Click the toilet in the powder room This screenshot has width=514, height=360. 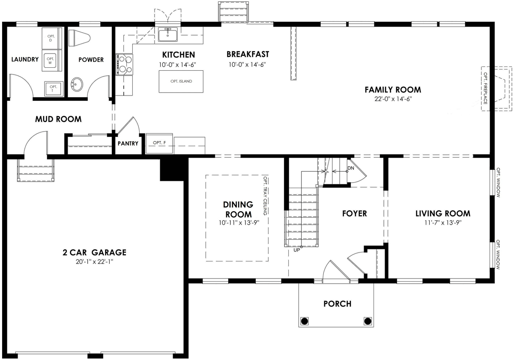pyautogui.click(x=79, y=38)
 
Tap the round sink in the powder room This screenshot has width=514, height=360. pyautogui.click(x=77, y=84)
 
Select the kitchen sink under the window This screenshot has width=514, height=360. pyautogui.click(x=168, y=34)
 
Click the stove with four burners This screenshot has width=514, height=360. pyautogui.click(x=124, y=65)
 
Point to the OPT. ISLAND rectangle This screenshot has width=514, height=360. pyautogui.click(x=181, y=81)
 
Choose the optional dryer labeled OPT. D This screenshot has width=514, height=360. pyautogui.click(x=52, y=38)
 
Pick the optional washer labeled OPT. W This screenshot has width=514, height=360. pyautogui.click(x=52, y=61)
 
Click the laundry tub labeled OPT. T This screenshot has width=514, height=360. pyautogui.click(x=54, y=89)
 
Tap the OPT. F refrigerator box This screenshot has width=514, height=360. pyautogui.click(x=159, y=143)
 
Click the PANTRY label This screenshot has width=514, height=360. pyautogui.click(x=128, y=144)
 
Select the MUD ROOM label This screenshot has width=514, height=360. pyautogui.click(x=58, y=119)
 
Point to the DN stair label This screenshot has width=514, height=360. pyautogui.click(x=351, y=168)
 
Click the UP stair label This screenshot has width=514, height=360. pyautogui.click(x=297, y=250)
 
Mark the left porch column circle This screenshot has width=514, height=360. pyautogui.click(x=304, y=321)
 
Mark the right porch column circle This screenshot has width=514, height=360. pyautogui.click(x=368, y=321)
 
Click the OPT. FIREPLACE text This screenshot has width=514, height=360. pyautogui.click(x=486, y=88)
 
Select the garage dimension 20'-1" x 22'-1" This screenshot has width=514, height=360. pyautogui.click(x=95, y=262)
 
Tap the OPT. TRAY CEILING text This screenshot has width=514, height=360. pyautogui.click(x=265, y=195)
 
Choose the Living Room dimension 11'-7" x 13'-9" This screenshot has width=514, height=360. pyautogui.click(x=443, y=222)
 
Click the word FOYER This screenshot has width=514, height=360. pyautogui.click(x=355, y=213)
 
